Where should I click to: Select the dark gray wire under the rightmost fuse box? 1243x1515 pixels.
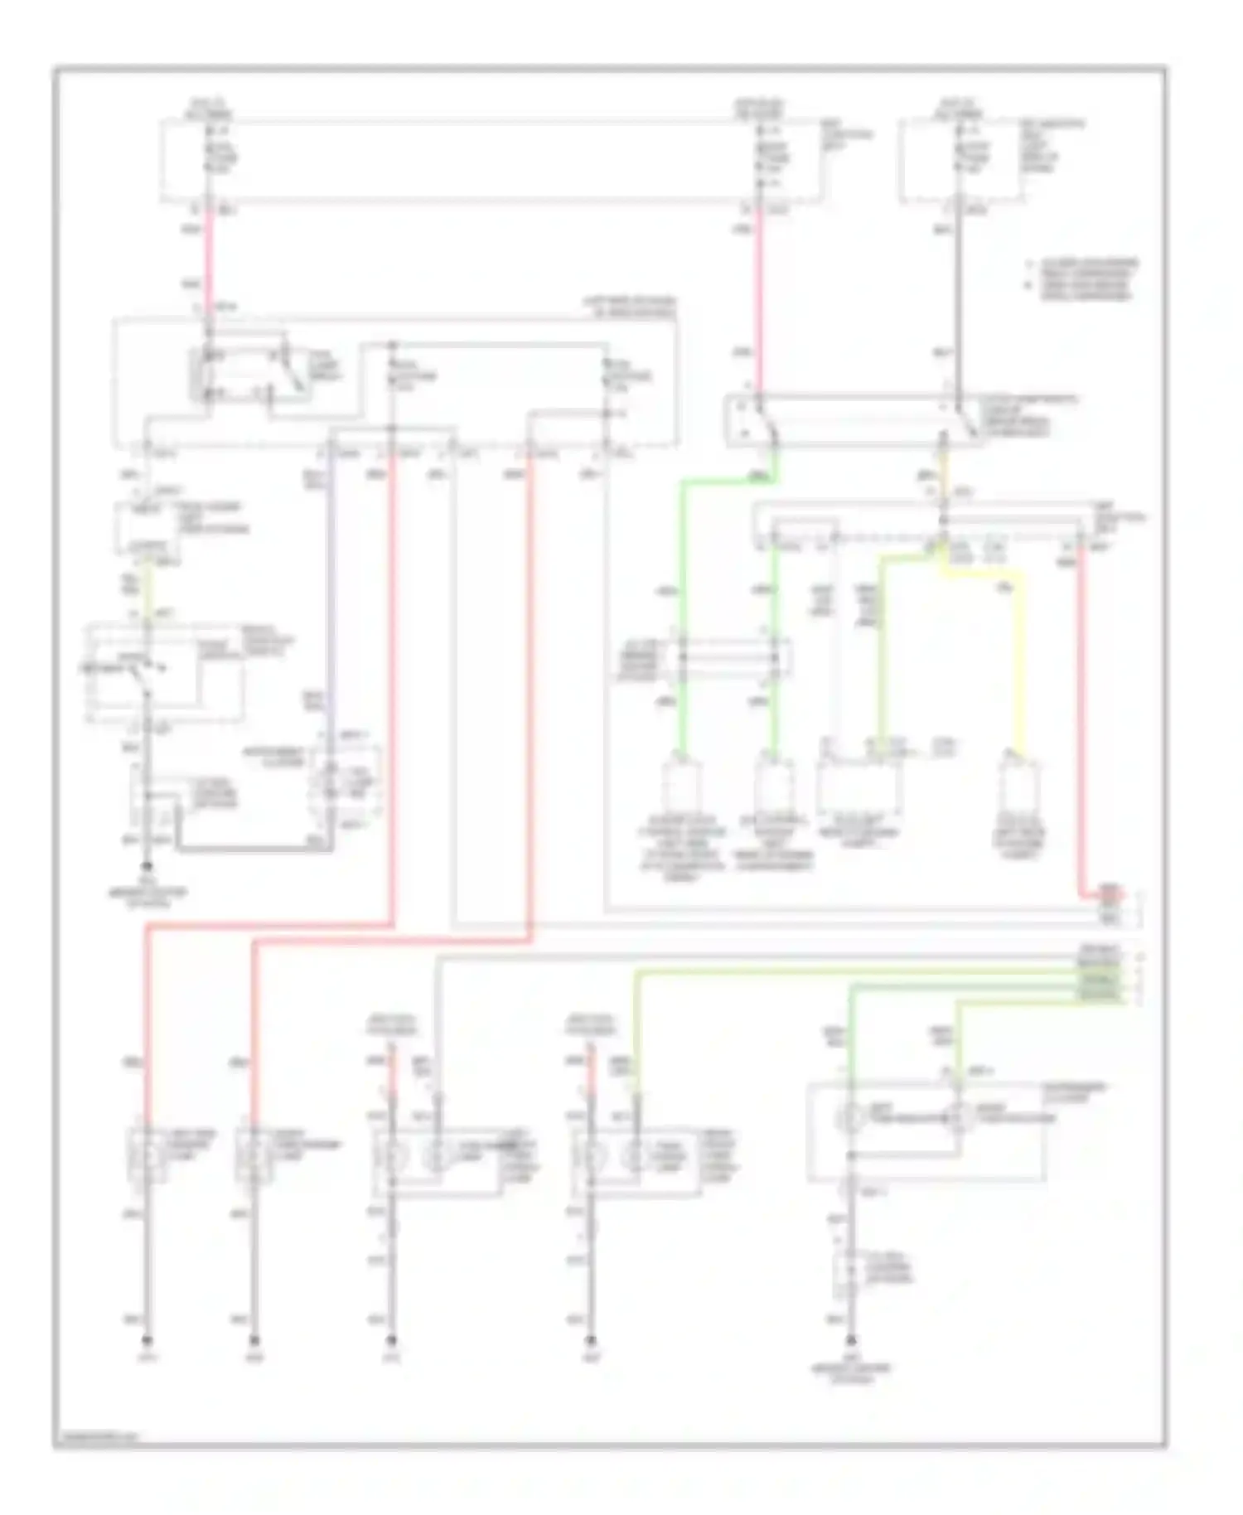pyautogui.click(x=959, y=290)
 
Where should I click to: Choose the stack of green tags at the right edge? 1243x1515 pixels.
pyautogui.click(x=1099, y=978)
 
